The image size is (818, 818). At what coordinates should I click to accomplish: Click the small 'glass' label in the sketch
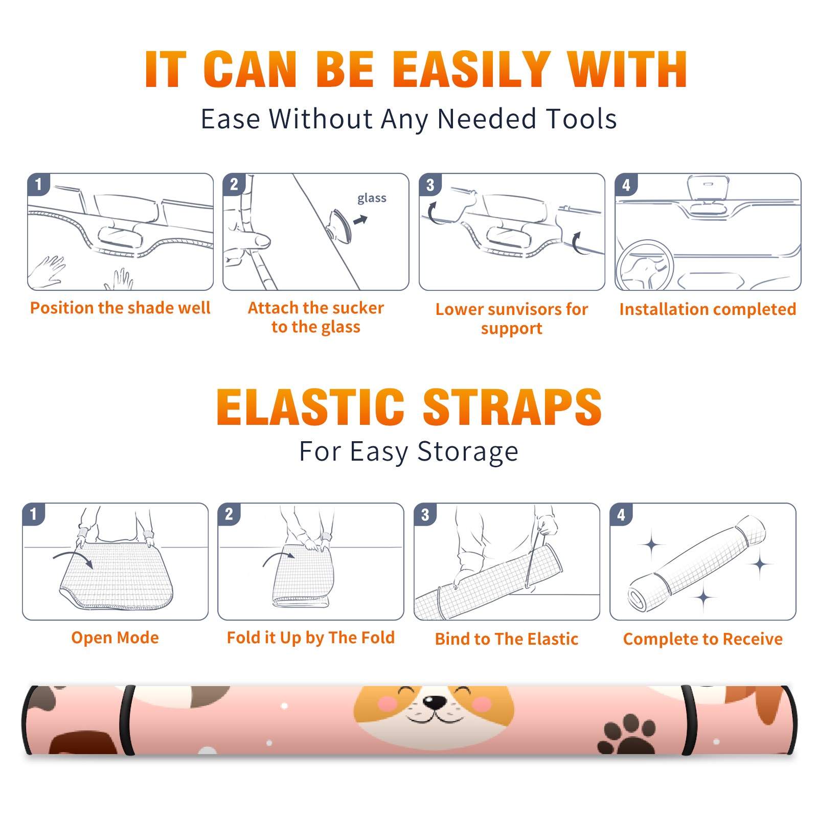(372, 198)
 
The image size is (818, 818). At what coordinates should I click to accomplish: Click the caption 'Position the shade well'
(120, 308)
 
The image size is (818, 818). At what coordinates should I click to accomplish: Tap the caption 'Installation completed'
(708, 309)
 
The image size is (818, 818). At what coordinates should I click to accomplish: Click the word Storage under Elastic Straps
(468, 452)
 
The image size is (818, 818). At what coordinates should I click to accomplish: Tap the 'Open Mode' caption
(115, 638)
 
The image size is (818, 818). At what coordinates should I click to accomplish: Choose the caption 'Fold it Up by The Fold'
(311, 638)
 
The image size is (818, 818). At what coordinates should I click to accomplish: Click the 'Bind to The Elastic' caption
(507, 639)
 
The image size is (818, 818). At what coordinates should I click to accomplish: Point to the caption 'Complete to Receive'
(703, 639)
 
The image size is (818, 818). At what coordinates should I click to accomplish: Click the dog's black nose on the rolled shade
(436, 702)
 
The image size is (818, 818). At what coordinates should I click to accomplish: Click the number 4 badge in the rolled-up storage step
(621, 514)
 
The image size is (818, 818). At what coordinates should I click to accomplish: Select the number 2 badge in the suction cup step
(234, 185)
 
